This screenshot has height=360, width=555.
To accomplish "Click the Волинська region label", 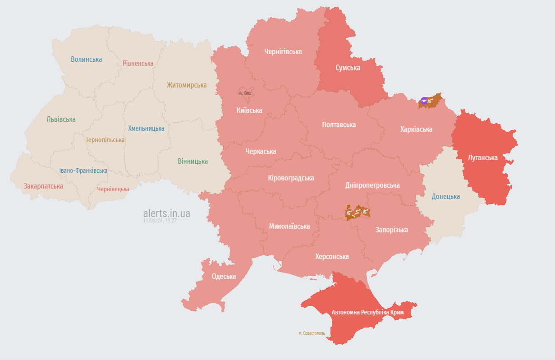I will tap(86, 60).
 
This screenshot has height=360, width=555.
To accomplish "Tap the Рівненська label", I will tap(138, 63).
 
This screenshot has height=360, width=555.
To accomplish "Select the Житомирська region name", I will tap(187, 85).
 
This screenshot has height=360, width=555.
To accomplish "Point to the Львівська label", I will tap(61, 120).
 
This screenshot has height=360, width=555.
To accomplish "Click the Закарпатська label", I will tap(43, 186).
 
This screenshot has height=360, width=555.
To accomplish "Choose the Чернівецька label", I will tap(113, 189).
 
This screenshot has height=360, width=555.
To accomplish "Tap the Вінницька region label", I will tap(193, 161).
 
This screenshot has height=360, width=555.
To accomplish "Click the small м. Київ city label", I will tap(245, 93).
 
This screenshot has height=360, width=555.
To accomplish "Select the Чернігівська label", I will tap(283, 52).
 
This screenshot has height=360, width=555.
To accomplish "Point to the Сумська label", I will tap(348, 68).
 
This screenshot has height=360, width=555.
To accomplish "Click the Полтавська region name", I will tap(339, 125).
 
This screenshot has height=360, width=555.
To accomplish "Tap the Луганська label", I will tap(482, 157).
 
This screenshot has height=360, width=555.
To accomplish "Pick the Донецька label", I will tap(445, 196).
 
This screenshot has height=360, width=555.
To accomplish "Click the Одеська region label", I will tap(224, 277).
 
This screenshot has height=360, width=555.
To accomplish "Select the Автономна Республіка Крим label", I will tap(367, 312).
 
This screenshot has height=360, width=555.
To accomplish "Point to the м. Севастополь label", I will tap(312, 333).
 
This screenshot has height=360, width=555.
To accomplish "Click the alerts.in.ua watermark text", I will tap(166, 213).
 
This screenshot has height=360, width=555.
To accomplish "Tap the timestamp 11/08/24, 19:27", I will tap(160, 221).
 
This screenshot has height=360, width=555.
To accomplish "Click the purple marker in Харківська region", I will tap(423, 101).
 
